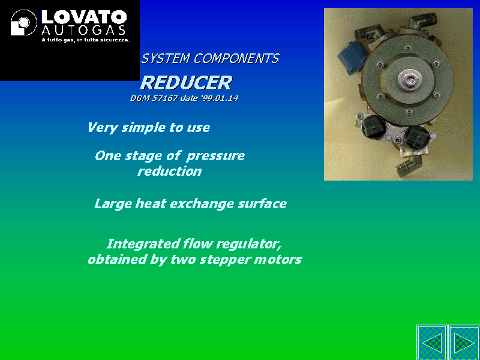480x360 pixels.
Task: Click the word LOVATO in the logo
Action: (84, 17)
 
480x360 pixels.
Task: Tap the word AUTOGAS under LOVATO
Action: (83, 31)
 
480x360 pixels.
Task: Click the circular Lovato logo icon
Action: (23, 22)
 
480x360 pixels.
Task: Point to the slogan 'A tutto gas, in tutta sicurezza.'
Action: (86, 40)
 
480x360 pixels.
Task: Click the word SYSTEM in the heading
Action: (166, 58)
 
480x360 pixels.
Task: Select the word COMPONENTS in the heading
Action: (236, 58)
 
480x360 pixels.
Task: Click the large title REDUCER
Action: (186, 83)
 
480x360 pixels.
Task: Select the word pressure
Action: (215, 157)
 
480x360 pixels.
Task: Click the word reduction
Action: (170, 171)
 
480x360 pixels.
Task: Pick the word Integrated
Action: (143, 244)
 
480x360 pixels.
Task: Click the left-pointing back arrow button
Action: (432, 342)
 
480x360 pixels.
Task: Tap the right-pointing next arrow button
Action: (464, 342)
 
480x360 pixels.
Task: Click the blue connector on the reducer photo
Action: (353, 57)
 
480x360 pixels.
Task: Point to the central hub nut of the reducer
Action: (410, 80)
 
